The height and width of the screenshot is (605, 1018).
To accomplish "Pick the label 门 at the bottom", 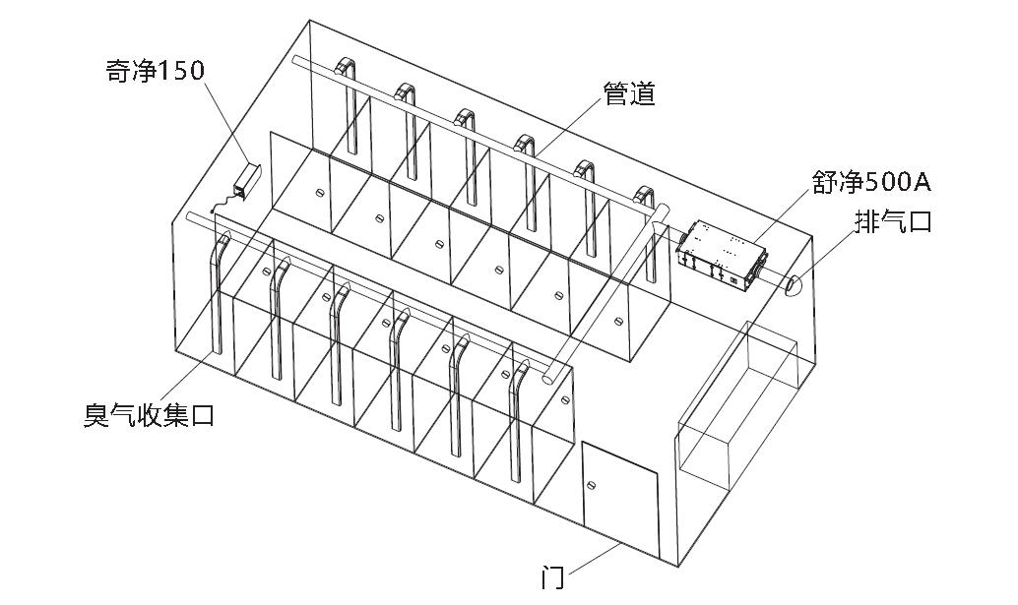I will (x=553, y=578).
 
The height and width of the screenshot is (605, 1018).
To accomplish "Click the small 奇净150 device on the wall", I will (x=246, y=181).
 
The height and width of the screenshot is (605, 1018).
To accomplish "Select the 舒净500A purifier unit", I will (x=722, y=254).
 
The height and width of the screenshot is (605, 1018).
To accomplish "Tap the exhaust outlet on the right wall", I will (x=794, y=285).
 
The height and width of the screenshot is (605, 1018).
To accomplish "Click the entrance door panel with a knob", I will (x=619, y=502).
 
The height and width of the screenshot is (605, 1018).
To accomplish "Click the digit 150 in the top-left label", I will (x=183, y=71).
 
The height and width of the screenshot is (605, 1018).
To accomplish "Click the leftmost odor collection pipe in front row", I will (x=218, y=295).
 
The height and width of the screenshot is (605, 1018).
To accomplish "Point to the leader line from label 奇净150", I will (x=225, y=124).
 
